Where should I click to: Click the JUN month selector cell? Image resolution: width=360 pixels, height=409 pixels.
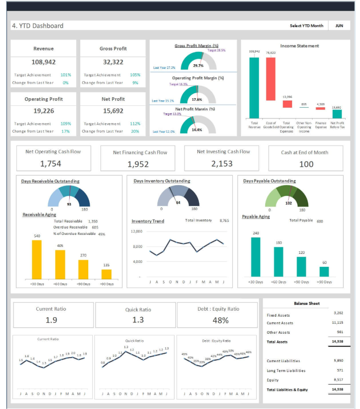click(x=339, y=25)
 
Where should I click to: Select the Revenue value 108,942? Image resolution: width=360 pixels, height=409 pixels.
click(x=43, y=62)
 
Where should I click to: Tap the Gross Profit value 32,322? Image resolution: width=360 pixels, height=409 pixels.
click(x=113, y=62)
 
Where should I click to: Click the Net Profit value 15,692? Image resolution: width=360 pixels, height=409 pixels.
click(x=113, y=111)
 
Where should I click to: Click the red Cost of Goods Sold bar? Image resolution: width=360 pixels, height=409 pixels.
click(x=271, y=79)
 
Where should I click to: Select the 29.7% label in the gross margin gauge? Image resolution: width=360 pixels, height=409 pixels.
click(x=198, y=65)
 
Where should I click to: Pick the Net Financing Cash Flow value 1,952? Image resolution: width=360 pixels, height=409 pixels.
click(x=138, y=164)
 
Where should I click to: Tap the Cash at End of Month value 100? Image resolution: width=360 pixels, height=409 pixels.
click(x=306, y=164)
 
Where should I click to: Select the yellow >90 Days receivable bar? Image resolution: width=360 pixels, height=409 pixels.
click(x=106, y=274)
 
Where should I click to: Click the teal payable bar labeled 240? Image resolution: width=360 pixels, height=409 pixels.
click(x=256, y=257)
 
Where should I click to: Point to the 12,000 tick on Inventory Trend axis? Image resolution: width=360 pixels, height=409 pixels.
click(x=137, y=232)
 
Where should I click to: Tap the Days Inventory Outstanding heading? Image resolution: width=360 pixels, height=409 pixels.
click(x=162, y=181)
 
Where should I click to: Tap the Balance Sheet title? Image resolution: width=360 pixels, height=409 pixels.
click(x=307, y=303)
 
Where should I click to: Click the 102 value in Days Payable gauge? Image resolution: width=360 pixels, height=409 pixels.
click(x=288, y=203)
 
